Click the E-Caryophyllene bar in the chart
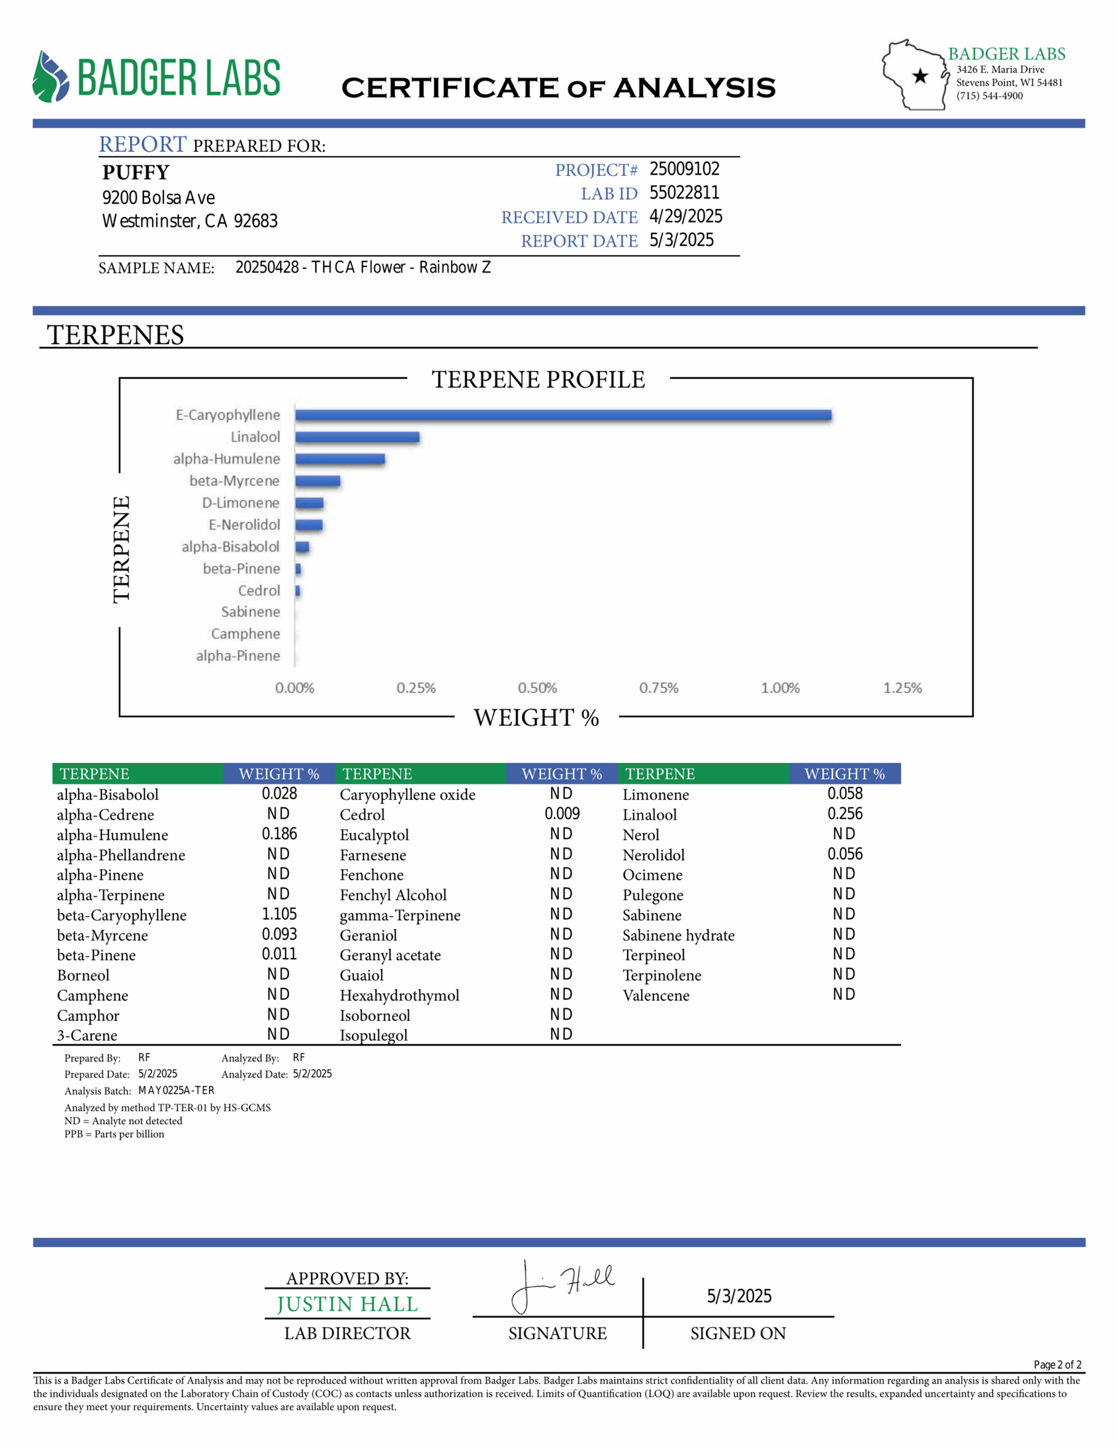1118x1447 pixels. click(563, 415)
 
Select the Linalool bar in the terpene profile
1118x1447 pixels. click(357, 437)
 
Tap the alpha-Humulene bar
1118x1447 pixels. click(340, 459)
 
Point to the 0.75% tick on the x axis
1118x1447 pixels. click(659, 687)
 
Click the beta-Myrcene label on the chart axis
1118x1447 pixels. click(234, 481)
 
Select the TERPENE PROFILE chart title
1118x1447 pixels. click(538, 379)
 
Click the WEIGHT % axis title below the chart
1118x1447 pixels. click(536, 718)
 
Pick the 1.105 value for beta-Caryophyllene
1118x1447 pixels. click(279, 914)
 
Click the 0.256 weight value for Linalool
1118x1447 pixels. click(845, 814)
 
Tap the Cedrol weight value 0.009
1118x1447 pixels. click(562, 814)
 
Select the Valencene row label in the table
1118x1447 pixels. click(655, 996)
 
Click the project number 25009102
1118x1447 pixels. click(684, 170)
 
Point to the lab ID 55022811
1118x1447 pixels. click(684, 193)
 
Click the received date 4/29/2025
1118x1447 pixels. click(685, 216)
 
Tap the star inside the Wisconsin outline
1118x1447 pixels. click(920, 76)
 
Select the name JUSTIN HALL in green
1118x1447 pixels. click(347, 1304)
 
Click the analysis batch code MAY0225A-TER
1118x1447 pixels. click(176, 1090)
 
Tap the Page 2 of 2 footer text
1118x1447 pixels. click(1057, 1364)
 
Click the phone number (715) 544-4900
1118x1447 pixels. click(989, 96)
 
